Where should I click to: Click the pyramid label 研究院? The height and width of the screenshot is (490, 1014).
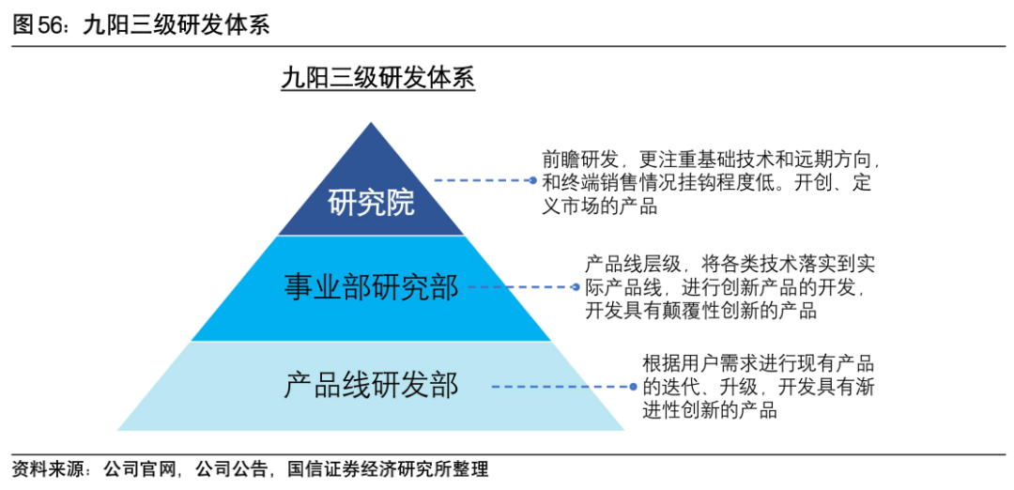[x=372, y=201]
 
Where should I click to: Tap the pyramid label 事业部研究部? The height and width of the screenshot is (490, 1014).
[x=372, y=287]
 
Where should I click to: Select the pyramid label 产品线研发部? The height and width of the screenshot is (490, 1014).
[x=372, y=385]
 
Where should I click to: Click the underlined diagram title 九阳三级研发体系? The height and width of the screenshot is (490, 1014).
[x=377, y=78]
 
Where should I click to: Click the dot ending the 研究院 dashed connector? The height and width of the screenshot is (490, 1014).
[x=532, y=180]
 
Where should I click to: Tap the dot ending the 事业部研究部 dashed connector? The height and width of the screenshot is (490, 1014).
[x=576, y=286]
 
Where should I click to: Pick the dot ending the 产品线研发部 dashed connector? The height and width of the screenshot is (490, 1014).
[x=634, y=385]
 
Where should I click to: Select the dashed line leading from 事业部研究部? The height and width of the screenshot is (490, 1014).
[x=521, y=286]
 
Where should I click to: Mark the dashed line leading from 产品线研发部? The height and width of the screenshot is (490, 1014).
[x=561, y=385]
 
